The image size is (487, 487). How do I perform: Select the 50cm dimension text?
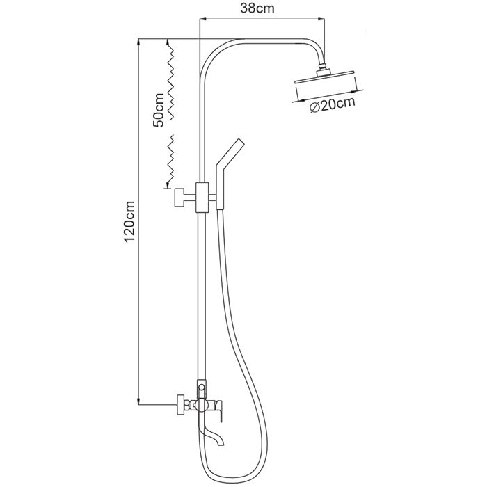pyautogui.click(x=159, y=110)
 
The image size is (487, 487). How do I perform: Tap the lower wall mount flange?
pyautogui.click(x=180, y=403)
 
